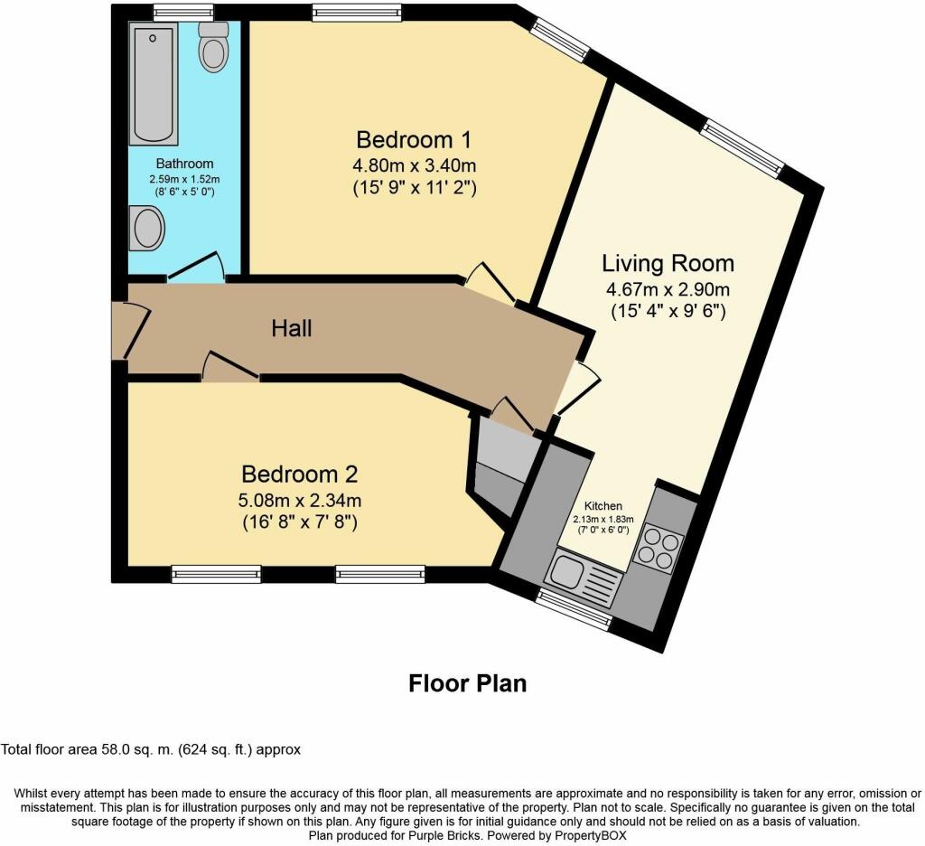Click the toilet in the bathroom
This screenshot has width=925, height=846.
tap(213, 47)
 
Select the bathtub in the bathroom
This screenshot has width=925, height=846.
tap(153, 84)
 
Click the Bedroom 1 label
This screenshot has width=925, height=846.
tap(414, 140)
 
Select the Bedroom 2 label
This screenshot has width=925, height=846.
tap(300, 474)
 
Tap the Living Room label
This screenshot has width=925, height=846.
tap(668, 263)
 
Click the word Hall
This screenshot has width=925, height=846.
tap(292, 328)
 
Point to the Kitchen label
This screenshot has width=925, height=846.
tap(603, 506)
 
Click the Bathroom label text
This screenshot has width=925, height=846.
tap(184, 164)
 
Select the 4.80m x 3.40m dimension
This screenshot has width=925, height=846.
tap(414, 164)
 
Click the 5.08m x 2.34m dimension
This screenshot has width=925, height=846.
tap(300, 501)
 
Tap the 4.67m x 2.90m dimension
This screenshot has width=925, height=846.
tap(668, 290)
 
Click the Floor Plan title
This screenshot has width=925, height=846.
tap(468, 683)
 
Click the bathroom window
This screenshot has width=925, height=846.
tap(183, 13)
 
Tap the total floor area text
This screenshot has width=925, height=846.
tap(151, 750)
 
